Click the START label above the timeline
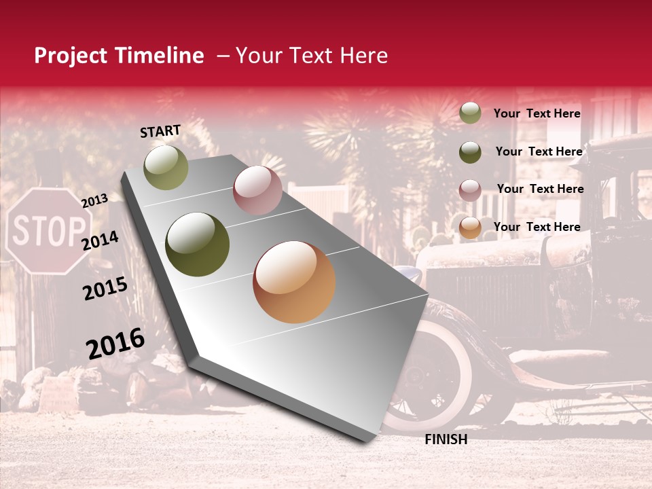160,131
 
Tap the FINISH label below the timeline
446,439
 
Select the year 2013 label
94,200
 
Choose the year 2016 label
115,344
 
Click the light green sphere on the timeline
166,168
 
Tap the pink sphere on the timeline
257,190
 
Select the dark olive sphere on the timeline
198,244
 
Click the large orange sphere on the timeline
294,282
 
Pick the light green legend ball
470,113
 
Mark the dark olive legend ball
470,151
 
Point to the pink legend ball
470,189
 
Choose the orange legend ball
470,228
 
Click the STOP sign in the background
49,232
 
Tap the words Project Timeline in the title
119,56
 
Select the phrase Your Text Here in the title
311,56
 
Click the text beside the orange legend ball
537,227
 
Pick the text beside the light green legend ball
537,113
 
